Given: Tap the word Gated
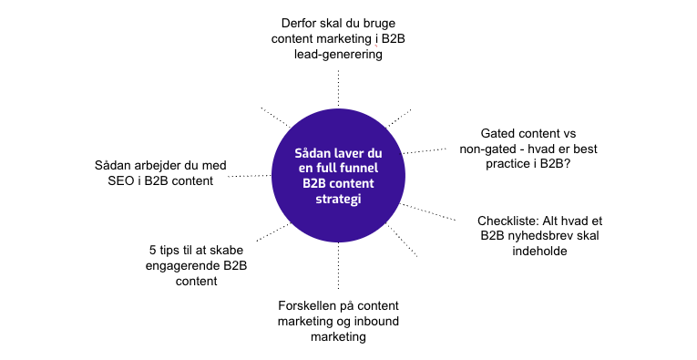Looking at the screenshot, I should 501,133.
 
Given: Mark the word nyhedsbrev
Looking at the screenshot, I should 534,236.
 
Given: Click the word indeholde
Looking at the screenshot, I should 538,252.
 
